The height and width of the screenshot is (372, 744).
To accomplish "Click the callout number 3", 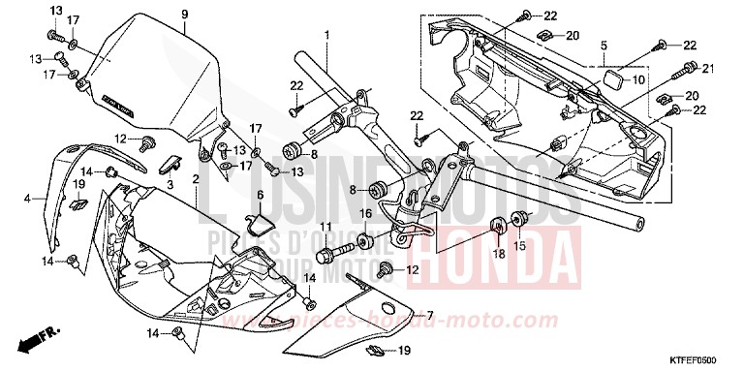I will coord(170,182).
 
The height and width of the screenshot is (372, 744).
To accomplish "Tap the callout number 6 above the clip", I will coord(260,195).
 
